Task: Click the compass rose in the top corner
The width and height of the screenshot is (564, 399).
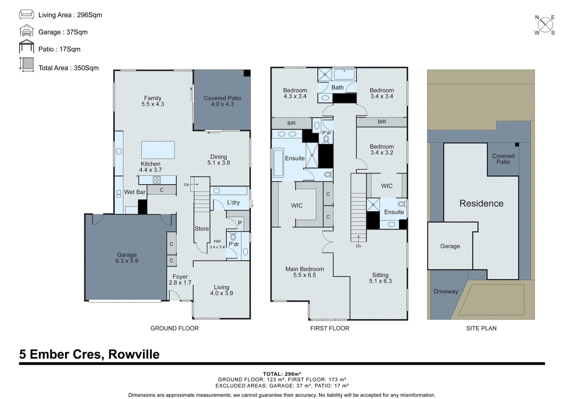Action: [545, 25]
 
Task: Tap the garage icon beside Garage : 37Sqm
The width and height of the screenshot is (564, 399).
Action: [26, 31]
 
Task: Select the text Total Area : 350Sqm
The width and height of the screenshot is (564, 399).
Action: [68, 68]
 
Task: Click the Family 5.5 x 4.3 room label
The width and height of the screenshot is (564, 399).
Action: [153, 101]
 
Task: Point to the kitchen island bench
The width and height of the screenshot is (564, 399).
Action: [158, 150]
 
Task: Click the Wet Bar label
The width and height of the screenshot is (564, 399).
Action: [135, 192]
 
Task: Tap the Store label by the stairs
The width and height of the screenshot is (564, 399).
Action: [202, 229]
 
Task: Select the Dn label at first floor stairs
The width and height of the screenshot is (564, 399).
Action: [358, 246]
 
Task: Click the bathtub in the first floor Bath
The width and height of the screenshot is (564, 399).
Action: [344, 74]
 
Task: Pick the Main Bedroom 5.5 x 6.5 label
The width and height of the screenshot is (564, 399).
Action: [305, 272]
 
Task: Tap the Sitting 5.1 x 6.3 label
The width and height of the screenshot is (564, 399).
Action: [380, 278]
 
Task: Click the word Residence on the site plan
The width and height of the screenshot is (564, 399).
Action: [481, 203]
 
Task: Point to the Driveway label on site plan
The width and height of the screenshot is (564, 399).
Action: [446, 291]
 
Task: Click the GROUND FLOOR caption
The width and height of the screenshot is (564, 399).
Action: [174, 328]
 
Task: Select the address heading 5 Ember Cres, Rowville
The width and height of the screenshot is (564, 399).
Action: [89, 354]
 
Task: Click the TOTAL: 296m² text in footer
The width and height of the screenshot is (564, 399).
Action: [282, 374]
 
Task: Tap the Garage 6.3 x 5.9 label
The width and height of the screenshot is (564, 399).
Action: [127, 258]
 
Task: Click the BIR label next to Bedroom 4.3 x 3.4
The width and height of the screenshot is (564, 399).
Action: [291, 123]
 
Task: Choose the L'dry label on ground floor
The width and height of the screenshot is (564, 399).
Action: [233, 202]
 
